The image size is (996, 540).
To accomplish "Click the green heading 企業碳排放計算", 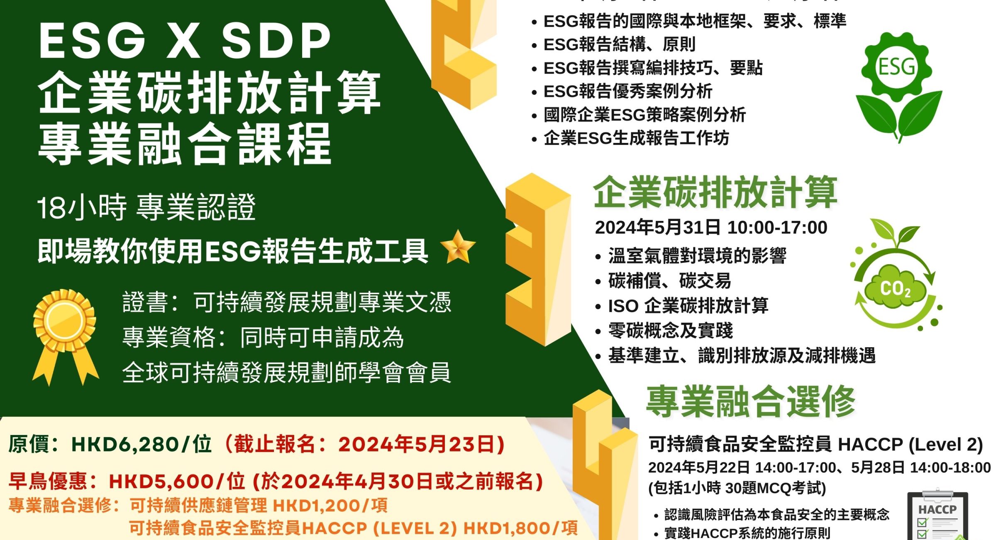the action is pos(715,192).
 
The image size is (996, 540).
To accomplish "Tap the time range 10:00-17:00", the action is pos(777,228).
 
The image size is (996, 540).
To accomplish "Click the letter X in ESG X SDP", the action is pos(183,41).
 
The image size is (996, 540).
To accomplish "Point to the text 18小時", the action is pos(82,207).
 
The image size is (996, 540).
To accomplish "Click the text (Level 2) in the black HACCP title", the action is pos(946,445).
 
